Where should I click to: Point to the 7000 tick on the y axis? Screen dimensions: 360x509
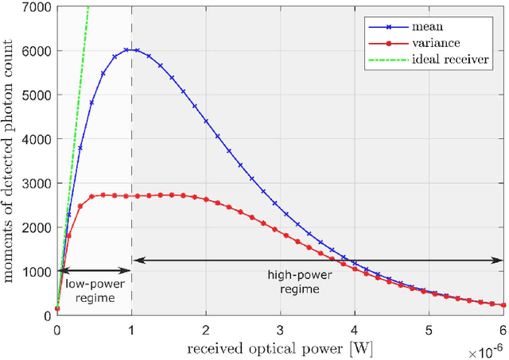pyautogui.click(x=39, y=6)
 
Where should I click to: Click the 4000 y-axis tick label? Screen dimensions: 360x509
pyautogui.click(x=39, y=139)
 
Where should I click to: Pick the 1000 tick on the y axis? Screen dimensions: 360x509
pyautogui.click(x=39, y=272)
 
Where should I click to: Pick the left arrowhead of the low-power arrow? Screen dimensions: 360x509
pyautogui.click(x=60, y=271)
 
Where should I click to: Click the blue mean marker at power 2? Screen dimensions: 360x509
pyautogui.click(x=206, y=121)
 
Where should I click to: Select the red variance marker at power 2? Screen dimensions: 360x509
pyautogui.click(x=206, y=199)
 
